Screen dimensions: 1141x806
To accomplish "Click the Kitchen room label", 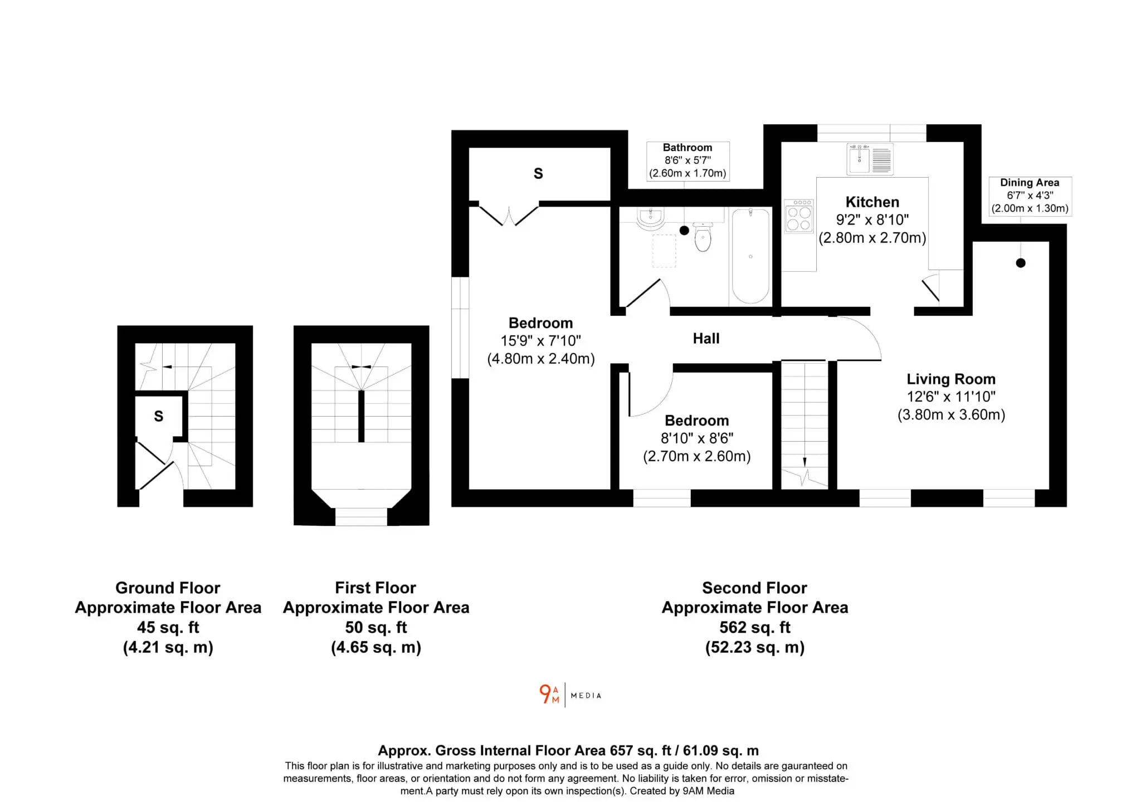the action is coord(872,202).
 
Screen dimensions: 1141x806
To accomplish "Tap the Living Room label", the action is coord(950,379).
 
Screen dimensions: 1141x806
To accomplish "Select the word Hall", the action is coord(706,338).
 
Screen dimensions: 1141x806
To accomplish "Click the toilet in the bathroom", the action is coord(703,237).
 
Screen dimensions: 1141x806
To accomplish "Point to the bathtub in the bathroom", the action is coord(750,256).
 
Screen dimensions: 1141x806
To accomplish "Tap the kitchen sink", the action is coord(870,159).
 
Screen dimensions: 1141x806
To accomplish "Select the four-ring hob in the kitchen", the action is coord(798,216).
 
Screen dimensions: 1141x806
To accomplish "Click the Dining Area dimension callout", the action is coord(1030,196).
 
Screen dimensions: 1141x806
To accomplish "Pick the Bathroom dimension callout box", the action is coord(687,160).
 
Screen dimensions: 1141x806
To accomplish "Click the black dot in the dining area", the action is coord(1020,263).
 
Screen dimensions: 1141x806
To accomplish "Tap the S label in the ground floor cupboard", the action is coord(159,416).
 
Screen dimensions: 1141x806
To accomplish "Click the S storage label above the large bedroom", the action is coord(538,174).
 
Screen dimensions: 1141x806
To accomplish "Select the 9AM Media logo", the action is coord(570,695).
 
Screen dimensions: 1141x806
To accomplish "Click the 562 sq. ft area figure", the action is coord(754,627).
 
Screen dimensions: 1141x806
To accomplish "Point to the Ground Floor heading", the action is coord(168,588).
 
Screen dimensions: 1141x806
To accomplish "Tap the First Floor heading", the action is coord(376,588).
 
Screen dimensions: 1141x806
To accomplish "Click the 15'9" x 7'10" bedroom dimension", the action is coord(540,340).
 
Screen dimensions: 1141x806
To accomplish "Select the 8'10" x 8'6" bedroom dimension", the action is coord(696,438).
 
